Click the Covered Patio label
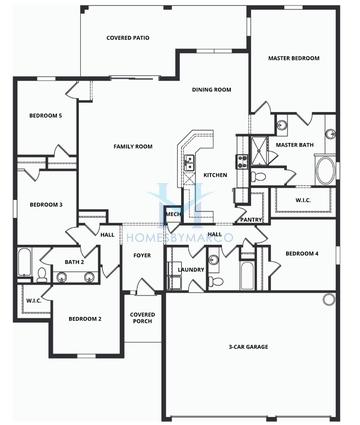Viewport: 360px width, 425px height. pos(128,38)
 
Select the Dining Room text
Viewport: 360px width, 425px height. pos(212,90)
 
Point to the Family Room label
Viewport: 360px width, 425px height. pos(131,147)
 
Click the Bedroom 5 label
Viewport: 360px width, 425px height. pos(45,115)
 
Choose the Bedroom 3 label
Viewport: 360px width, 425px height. pos(45,205)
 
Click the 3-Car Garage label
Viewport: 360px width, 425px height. pos(249,347)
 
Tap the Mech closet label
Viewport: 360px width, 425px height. pos(172,213)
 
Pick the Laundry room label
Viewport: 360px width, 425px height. pos(190,269)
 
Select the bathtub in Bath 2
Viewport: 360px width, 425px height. pos(24,265)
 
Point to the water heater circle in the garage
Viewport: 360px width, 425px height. pos(328,299)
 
